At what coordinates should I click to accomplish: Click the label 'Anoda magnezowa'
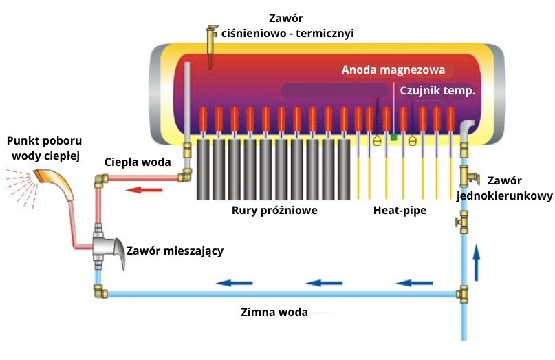coord(393,70)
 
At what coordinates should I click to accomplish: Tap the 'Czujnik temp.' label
coord(437,90)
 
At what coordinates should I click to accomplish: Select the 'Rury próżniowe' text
coord(274,211)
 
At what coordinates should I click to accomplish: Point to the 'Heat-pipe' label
coord(400,211)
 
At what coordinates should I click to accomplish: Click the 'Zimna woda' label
coord(274,310)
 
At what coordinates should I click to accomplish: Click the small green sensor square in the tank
coord(393,138)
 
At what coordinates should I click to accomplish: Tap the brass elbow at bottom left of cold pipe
coord(101,291)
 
